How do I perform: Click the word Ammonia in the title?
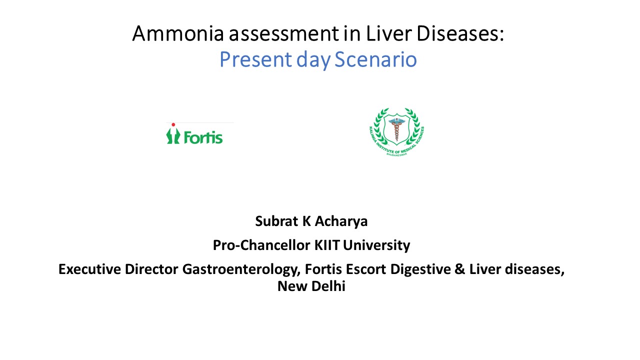click(x=178, y=33)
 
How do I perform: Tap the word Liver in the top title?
click(x=388, y=33)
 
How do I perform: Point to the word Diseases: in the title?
click(x=460, y=33)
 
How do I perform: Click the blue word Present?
click(x=255, y=59)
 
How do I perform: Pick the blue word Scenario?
click(x=375, y=59)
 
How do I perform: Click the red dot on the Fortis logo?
click(x=173, y=124)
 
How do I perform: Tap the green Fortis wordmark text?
click(x=203, y=137)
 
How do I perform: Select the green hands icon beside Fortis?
click(x=173, y=135)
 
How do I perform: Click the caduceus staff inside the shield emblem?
click(x=396, y=129)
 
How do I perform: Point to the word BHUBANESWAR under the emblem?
click(x=396, y=154)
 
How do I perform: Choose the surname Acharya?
click(x=341, y=221)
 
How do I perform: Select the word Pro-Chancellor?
click(x=261, y=245)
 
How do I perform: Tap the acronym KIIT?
click(x=327, y=245)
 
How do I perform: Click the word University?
click(x=376, y=245)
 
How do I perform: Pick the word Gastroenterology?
click(x=241, y=269)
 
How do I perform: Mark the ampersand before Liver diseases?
click(x=459, y=269)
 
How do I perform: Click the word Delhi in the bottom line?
click(x=328, y=286)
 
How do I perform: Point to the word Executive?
click(x=89, y=269)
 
